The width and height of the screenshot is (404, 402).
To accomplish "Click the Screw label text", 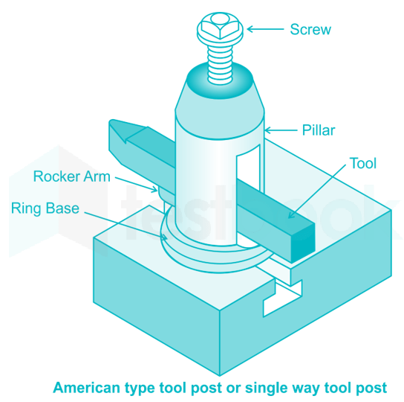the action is [x=310, y=29].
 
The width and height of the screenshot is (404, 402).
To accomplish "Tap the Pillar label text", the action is [x=319, y=130].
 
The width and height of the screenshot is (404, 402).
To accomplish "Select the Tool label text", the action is [x=362, y=163].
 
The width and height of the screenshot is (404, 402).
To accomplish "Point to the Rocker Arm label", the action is [x=72, y=176].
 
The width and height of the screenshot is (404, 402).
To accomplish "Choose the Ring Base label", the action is [x=45, y=208].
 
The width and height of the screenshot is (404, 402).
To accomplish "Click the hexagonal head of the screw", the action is [x=220, y=28].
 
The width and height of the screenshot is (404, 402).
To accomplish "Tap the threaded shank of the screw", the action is [x=220, y=65].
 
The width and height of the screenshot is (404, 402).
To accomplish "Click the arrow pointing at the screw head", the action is [x=265, y=29].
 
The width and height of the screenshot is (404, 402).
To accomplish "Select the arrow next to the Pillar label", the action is [x=280, y=130].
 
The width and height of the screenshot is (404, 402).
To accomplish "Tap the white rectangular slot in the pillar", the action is [x=248, y=168].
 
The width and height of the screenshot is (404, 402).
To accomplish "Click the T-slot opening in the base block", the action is [x=281, y=297].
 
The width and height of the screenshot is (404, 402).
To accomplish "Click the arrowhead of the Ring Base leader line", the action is [x=164, y=237].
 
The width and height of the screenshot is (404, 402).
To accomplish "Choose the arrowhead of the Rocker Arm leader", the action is [x=155, y=190].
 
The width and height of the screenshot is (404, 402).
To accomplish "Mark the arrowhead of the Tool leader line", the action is [x=290, y=215].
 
